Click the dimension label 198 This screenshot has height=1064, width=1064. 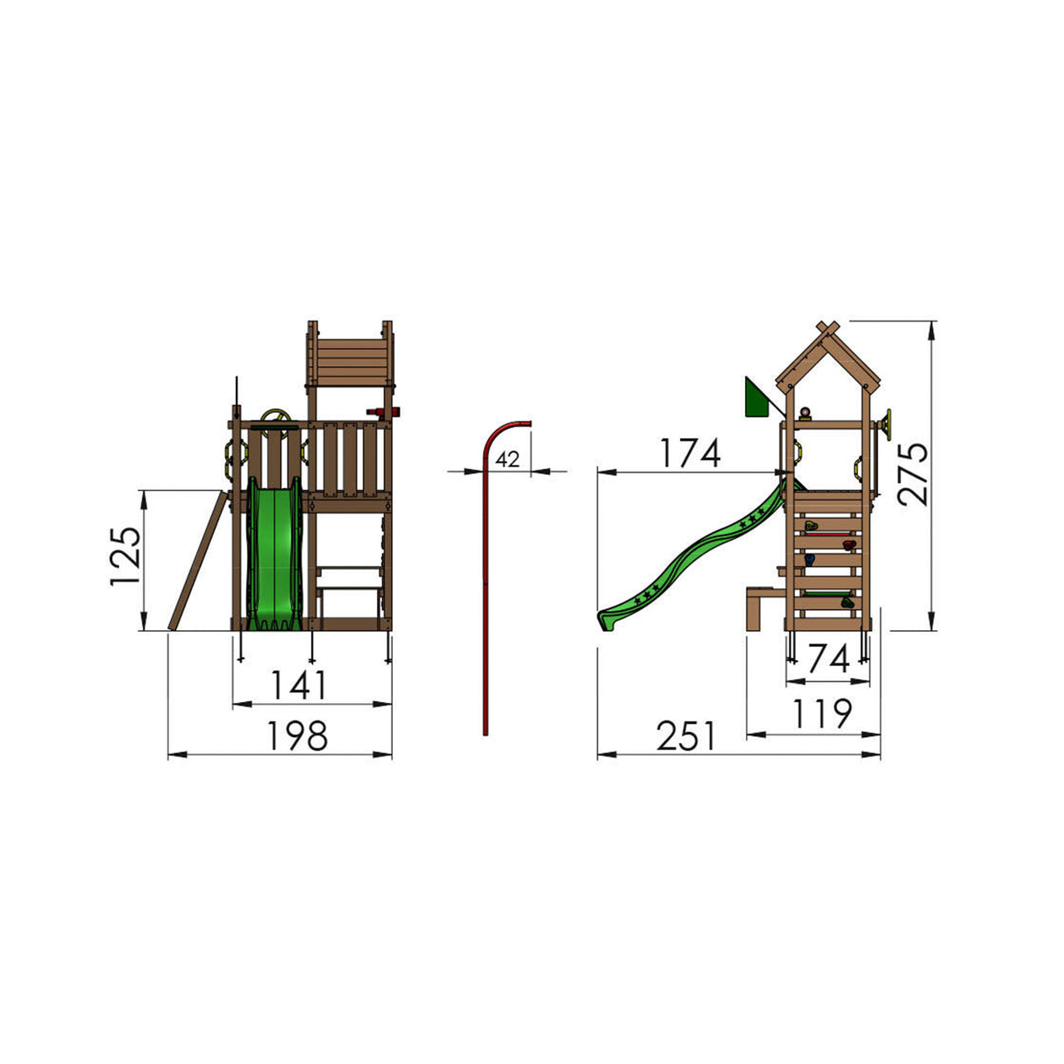[x=299, y=736]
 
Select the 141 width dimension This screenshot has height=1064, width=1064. [x=299, y=685]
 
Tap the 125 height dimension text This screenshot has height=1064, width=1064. [x=124, y=557]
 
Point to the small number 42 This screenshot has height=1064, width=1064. [x=507, y=458]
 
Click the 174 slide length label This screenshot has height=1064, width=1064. [x=690, y=453]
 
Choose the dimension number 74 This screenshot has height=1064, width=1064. [x=828, y=659]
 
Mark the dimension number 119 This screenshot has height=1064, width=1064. [x=823, y=713]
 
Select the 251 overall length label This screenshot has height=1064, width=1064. [x=686, y=736]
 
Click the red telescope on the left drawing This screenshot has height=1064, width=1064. [x=383, y=412]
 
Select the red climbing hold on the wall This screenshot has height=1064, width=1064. [x=848, y=546]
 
